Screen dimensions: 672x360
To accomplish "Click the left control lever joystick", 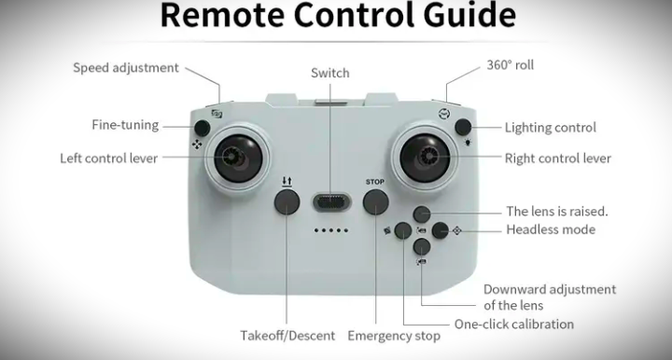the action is pos(238,159).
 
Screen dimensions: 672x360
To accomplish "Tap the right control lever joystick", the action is pos(425,157).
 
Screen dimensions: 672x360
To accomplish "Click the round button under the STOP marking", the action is pos(376,201).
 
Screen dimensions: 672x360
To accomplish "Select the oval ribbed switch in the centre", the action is pos(331,202).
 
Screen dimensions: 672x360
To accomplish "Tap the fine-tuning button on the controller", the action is pos(202,128).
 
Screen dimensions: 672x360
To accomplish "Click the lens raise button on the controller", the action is pos(422,215).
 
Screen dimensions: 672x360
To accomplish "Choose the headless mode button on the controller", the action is pos(441,230).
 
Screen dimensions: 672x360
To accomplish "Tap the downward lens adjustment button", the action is pos(422,247).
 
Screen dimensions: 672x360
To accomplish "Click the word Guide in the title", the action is pos(469,15).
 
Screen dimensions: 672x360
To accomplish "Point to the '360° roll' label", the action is pos(510,65).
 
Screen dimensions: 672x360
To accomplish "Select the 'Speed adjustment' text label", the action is pos(126,68).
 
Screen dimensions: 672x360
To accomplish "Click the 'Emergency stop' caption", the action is pos(394,336).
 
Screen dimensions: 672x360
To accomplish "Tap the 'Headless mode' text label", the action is pos(551,229).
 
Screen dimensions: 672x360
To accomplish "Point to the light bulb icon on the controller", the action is pos(468,142).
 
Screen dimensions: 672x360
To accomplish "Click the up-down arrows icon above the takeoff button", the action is pos(287,182).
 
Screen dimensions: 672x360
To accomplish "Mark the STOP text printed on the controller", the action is pos(375,182).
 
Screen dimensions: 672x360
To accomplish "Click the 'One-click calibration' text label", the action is pos(514,324).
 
